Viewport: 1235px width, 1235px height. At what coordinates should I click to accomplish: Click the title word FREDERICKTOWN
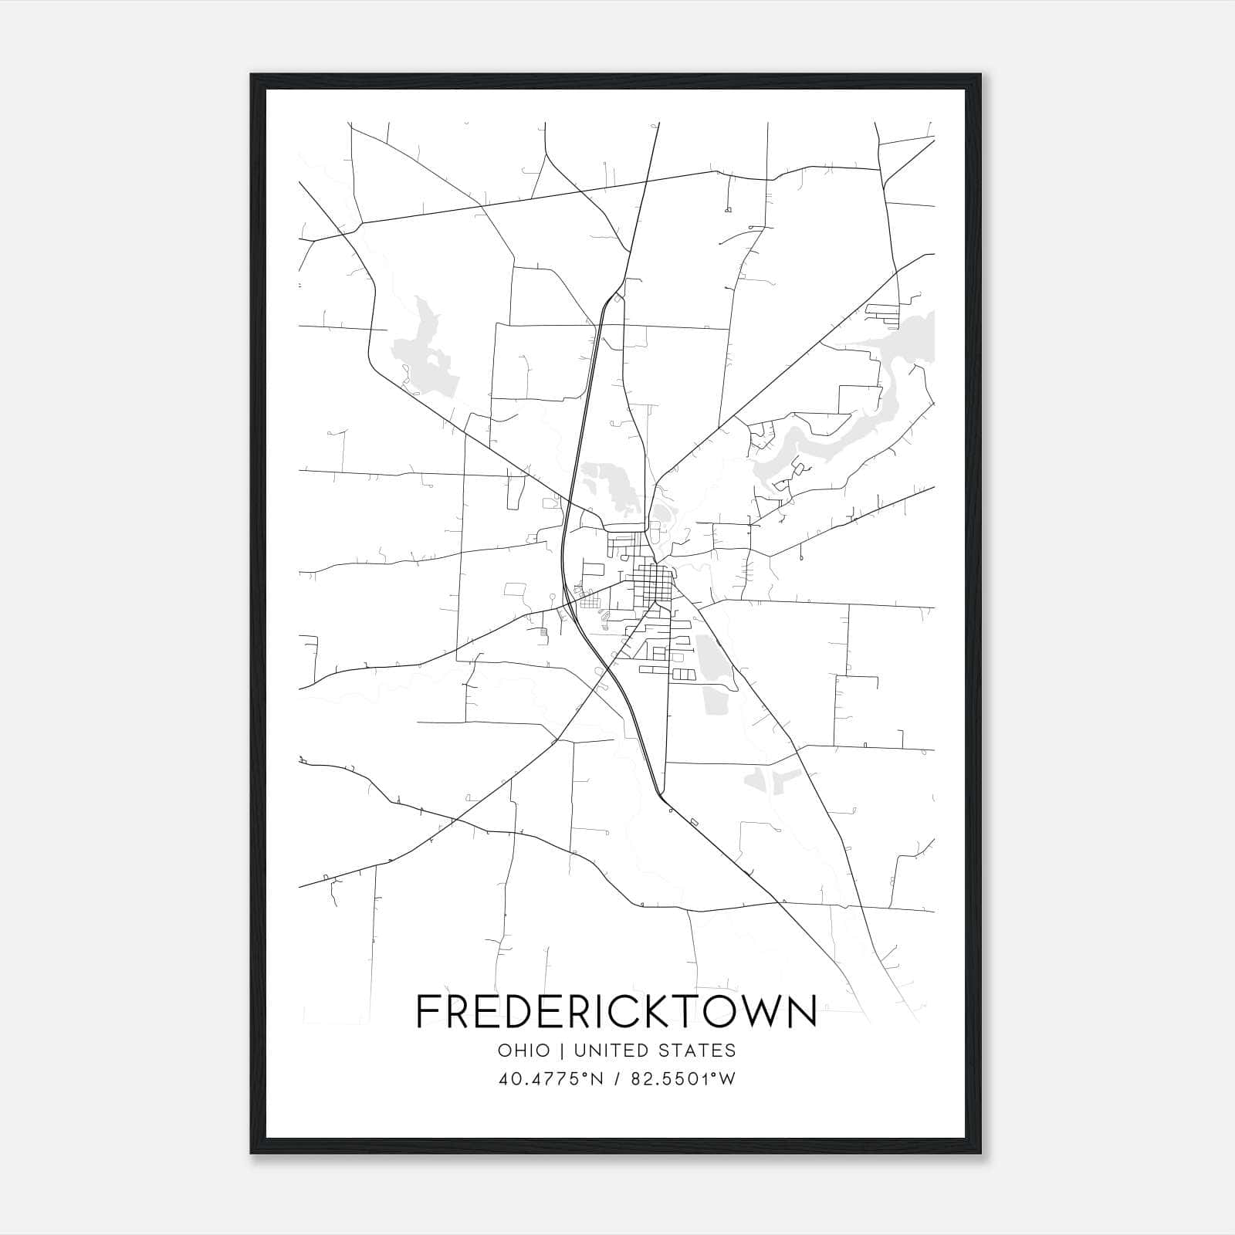pos(616,1010)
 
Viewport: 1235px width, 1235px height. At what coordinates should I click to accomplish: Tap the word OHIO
pos(524,1051)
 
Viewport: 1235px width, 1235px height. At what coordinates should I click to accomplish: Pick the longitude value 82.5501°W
pos(684,1079)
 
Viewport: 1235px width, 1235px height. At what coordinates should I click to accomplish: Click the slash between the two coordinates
pos(617,1079)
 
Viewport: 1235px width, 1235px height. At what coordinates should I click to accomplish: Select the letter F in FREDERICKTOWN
pos(429,1010)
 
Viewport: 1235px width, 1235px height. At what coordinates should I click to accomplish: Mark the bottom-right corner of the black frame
pos(980,1153)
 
